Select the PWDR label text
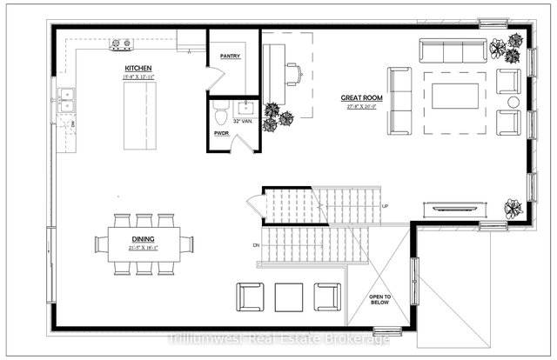tap(221, 133)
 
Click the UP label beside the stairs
tap(385, 206)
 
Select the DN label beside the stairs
tap(257, 245)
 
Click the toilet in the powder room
tap(220, 110)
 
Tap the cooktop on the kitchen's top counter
tap(120, 43)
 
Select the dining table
tap(144, 244)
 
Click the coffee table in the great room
tap(454, 96)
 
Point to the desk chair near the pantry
tap(293, 75)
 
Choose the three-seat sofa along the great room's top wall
tap(453, 50)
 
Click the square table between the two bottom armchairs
tap(288, 297)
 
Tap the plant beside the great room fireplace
tap(513, 209)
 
